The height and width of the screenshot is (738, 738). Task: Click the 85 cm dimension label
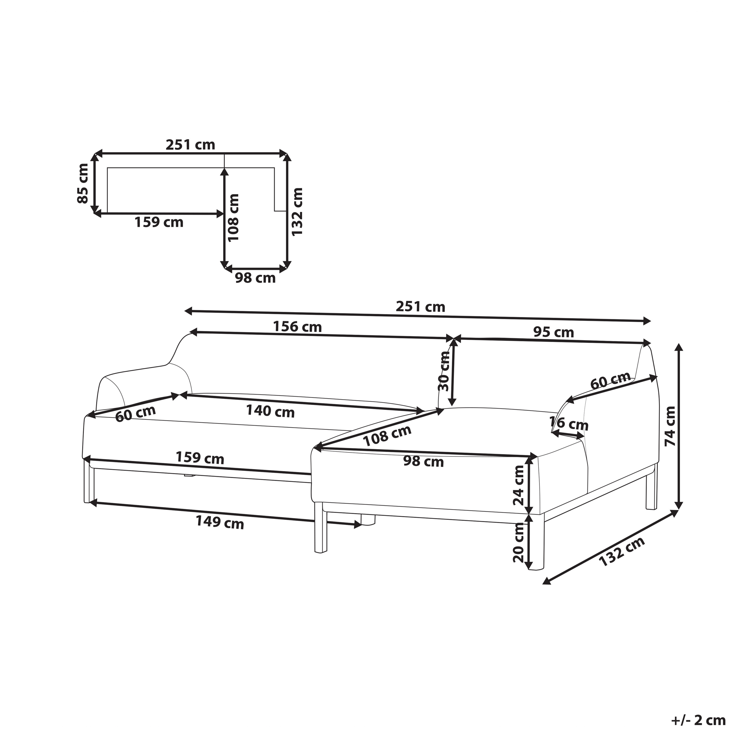(x=83, y=183)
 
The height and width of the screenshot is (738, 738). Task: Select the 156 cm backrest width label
(x=297, y=327)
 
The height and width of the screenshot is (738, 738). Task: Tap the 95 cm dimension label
(x=553, y=332)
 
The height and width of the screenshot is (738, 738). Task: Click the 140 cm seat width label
(x=270, y=411)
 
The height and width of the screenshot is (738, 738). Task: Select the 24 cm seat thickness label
(x=518, y=485)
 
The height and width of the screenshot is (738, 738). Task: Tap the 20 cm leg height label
(x=518, y=543)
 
